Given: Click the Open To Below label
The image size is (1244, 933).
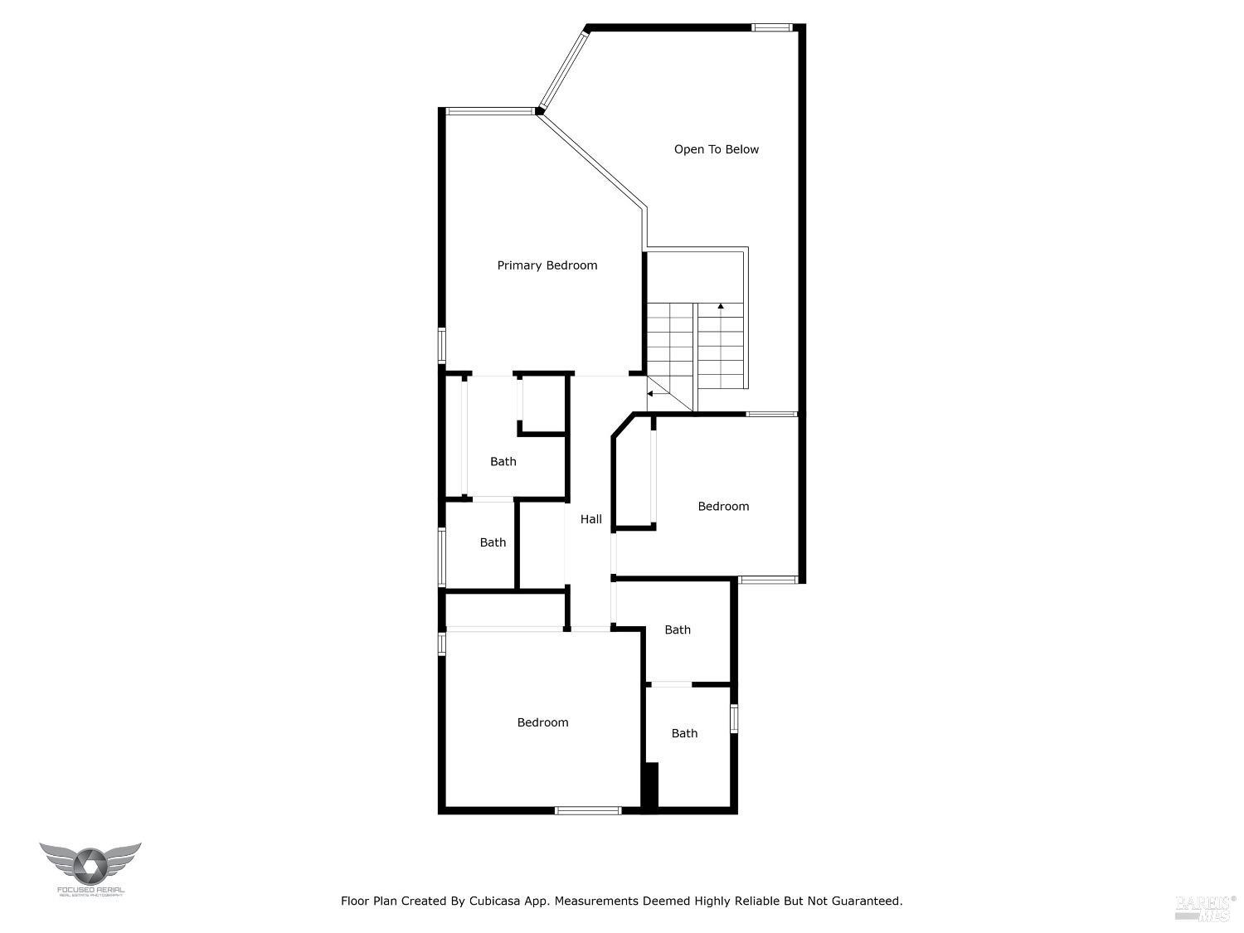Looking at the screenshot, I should tap(716, 149).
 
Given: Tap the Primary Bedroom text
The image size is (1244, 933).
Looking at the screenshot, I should tap(547, 265).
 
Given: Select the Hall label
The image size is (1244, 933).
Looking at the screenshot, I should tap(591, 519).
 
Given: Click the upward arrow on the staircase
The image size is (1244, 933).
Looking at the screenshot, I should tap(721, 307).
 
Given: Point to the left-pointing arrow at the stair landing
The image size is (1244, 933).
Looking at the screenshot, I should tap(651, 394).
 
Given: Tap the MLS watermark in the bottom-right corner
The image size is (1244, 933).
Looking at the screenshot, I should tap(1204, 908).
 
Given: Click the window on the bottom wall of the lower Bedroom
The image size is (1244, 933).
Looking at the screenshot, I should tap(588, 810).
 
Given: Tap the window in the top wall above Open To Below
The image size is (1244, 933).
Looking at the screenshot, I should tap(772, 28).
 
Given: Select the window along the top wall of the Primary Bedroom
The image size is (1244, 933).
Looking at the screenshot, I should tap(489, 111).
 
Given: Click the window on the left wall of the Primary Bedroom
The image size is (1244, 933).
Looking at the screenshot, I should tap(442, 345).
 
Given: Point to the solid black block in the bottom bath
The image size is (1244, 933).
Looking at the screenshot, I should tap(651, 785).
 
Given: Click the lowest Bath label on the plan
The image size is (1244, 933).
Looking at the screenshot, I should tap(684, 733).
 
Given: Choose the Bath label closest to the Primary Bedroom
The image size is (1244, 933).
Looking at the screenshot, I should tap(503, 462).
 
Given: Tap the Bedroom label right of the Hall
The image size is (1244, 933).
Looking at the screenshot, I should tap(723, 507).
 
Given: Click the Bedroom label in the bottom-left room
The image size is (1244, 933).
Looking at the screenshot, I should tap(542, 722).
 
